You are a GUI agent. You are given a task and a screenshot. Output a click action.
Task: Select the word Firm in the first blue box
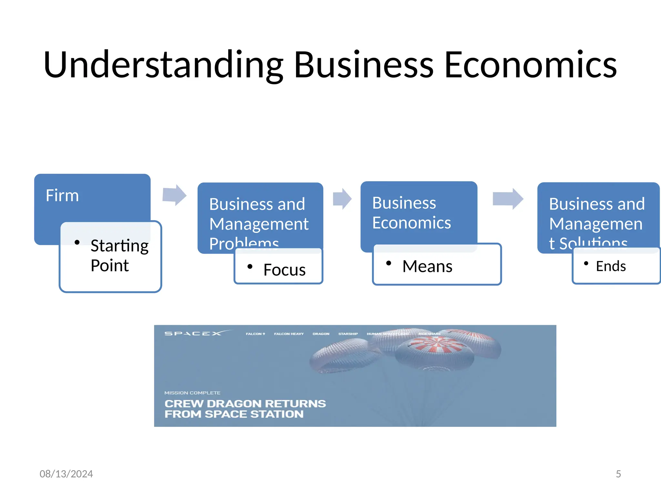tap(62, 195)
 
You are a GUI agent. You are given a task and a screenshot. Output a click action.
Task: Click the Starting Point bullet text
tap(119, 255)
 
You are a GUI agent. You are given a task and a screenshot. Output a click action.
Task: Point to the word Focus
tap(284, 270)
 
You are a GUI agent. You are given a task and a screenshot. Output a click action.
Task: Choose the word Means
tap(427, 266)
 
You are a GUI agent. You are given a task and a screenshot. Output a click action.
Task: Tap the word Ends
tap(611, 266)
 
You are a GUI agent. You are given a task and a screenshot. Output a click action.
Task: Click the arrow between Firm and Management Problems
tap(175, 195)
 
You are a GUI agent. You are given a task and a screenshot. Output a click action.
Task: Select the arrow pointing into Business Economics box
tap(342, 199)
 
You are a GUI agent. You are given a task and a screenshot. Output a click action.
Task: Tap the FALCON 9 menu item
tap(255, 334)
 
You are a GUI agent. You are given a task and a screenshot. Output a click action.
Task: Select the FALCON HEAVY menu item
tap(289, 334)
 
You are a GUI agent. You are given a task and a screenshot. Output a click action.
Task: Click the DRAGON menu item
tap(321, 334)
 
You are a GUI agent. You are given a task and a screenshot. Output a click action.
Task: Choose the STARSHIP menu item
tap(348, 334)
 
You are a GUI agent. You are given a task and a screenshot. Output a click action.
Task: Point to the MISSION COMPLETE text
tap(192, 393)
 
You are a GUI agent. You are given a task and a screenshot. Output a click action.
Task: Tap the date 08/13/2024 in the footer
tap(66, 474)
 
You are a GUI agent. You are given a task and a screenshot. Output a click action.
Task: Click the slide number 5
tap(618, 474)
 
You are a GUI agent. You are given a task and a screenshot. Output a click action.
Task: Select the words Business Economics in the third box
tap(411, 213)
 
